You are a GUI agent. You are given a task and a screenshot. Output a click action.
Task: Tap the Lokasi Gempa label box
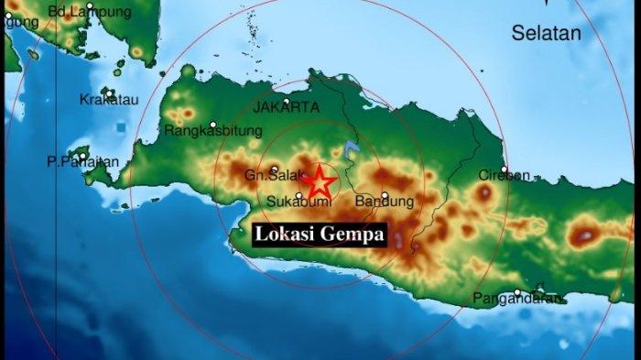coord(320,235)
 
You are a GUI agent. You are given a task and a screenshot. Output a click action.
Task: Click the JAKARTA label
coord(286,108)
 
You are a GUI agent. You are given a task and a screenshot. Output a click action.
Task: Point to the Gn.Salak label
coord(266,176)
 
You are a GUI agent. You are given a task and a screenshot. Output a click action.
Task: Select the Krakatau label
coord(109,100)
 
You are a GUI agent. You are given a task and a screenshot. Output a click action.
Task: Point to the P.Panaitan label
coord(83,163)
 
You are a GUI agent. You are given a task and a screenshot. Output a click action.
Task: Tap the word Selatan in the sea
coord(546,34)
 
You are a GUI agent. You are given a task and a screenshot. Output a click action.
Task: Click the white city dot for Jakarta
coord(287,101)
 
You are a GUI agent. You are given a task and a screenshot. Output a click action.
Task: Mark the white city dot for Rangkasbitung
coord(213,125)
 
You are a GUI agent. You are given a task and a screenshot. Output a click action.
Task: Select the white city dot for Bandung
coord(385,194)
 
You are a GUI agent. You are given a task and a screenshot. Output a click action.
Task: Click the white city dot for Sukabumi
coord(299,195)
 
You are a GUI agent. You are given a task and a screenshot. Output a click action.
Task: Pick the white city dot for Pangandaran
coord(517,292)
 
